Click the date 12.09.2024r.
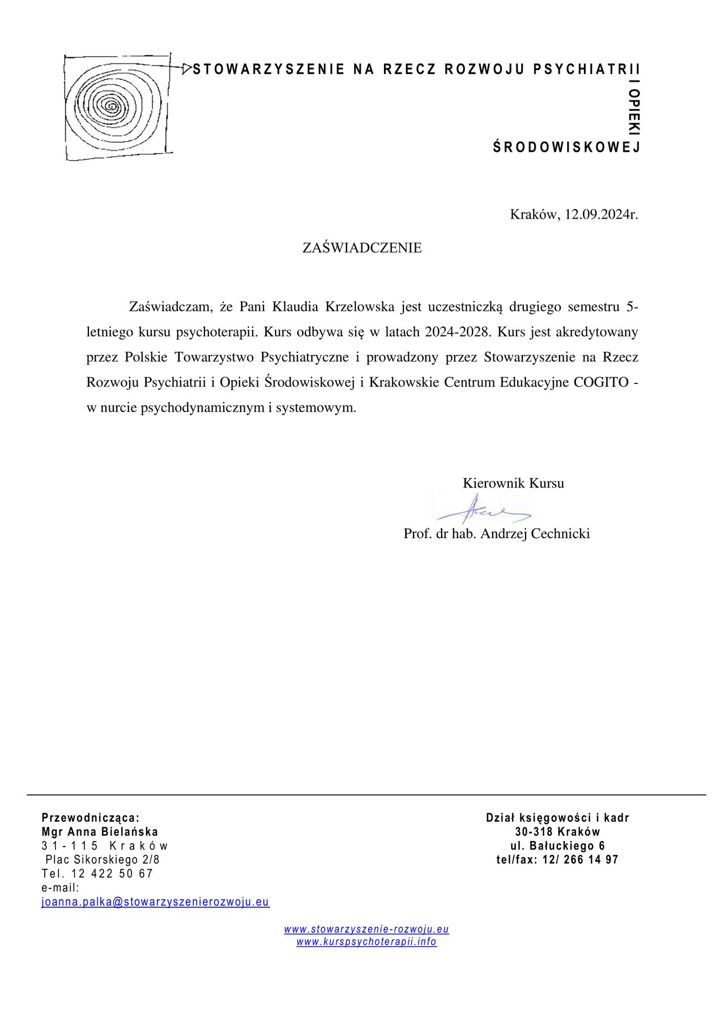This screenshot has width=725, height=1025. (x=601, y=215)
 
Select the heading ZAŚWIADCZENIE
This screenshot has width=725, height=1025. (x=362, y=248)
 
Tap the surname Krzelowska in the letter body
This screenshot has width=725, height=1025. (x=360, y=307)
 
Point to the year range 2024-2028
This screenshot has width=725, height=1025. (x=457, y=332)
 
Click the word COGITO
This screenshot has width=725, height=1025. (x=601, y=382)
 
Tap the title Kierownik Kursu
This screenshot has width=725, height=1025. (x=513, y=483)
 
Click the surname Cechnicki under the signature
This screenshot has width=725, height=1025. (x=560, y=533)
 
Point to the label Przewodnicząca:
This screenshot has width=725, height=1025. (x=91, y=818)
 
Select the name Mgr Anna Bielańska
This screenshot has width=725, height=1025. (x=100, y=832)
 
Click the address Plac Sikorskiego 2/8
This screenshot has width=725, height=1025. (x=103, y=860)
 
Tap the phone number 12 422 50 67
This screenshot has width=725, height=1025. (x=112, y=874)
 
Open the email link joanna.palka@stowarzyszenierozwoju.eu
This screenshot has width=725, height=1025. (x=156, y=902)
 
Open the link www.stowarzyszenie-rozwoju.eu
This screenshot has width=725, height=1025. (x=366, y=929)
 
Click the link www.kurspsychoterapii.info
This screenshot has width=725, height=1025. (x=366, y=942)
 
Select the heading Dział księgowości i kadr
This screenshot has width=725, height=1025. (x=557, y=818)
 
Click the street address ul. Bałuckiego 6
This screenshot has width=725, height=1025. (x=557, y=846)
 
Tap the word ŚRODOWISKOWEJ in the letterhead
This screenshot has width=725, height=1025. (x=566, y=148)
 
